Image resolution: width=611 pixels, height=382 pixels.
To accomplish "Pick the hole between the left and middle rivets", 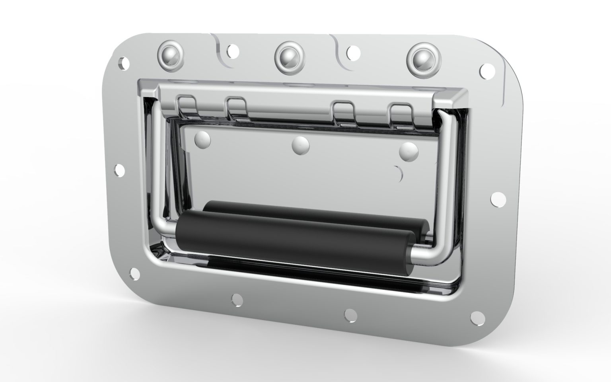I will [233, 50].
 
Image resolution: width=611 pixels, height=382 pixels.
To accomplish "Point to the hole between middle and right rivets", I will [352, 52].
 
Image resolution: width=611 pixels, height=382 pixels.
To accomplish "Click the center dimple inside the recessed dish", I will [301, 145].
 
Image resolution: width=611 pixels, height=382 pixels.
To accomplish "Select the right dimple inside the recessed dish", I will [409, 151].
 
